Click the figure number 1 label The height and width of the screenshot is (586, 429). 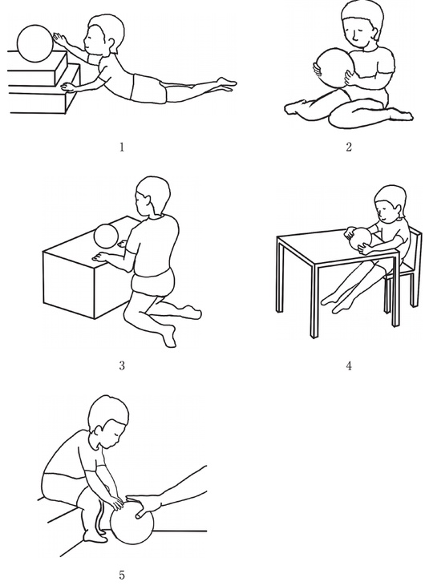(121, 148)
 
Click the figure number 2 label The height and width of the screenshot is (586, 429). (349, 147)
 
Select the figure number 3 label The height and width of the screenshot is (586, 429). (122, 365)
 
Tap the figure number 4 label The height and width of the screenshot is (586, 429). (349, 366)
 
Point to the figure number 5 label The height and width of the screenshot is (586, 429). (122, 575)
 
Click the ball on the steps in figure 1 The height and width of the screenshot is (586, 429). (35, 43)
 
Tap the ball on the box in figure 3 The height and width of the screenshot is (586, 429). (106, 236)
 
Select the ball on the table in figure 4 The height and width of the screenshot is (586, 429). (359, 240)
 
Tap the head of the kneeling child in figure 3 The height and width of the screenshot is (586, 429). (152, 196)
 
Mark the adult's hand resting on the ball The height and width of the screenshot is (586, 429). (145, 504)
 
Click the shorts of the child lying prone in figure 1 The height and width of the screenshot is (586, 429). (149, 88)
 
